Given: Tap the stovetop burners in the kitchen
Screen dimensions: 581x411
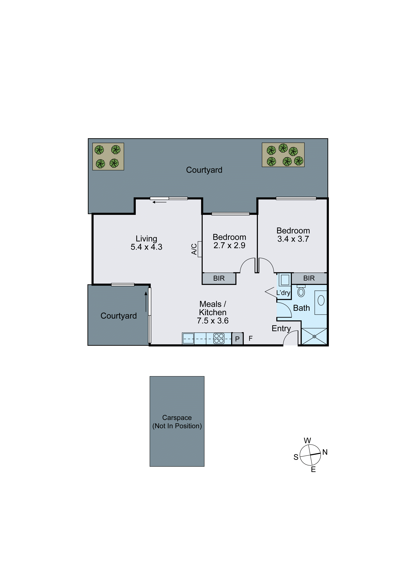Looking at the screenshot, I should coord(219,338).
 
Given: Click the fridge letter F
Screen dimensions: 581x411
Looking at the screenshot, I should coord(250,338).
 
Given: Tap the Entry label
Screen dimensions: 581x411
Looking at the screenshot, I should coord(281,328).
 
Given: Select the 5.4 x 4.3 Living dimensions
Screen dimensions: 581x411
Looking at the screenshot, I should coord(146,247).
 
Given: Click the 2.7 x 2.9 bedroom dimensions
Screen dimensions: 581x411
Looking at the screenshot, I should coord(229,245).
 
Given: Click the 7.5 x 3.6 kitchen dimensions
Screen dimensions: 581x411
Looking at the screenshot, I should coord(213,321).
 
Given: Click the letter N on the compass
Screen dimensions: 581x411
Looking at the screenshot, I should coord(325,452).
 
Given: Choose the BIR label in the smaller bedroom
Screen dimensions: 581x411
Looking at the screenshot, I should coord(219,278).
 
